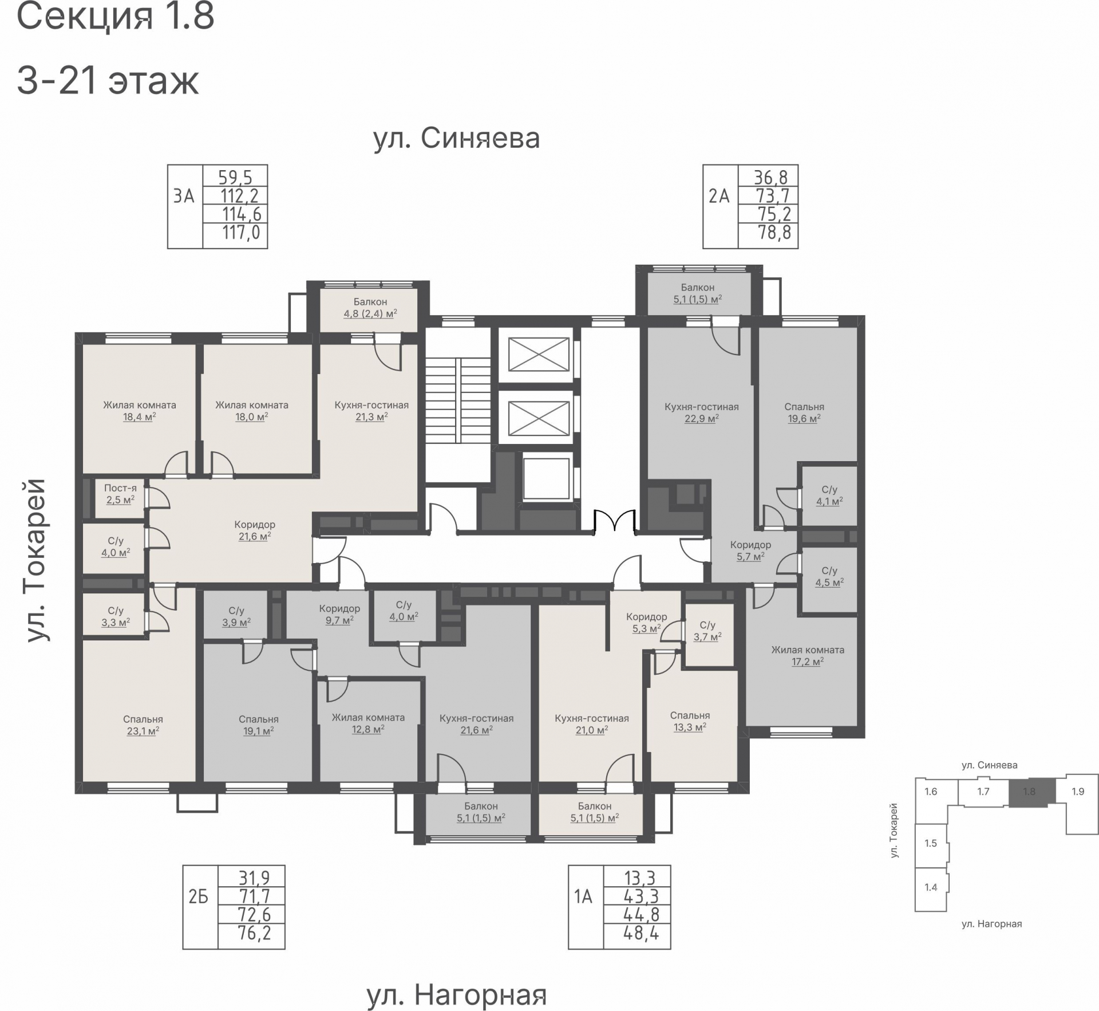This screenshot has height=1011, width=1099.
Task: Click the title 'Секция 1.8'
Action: pyautogui.click(x=116, y=16)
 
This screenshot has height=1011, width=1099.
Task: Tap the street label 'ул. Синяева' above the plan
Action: pyautogui.click(x=457, y=139)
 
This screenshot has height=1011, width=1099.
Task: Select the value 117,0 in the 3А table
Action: pyautogui.click(x=241, y=233)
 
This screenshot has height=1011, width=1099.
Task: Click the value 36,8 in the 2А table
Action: pyautogui.click(x=770, y=177)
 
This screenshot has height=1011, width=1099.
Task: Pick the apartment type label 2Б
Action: pyautogui.click(x=198, y=896)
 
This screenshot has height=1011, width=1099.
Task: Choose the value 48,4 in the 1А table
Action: pyautogui.click(x=641, y=934)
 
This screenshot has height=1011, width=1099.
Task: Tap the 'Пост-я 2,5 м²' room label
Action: pyautogui.click(x=120, y=494)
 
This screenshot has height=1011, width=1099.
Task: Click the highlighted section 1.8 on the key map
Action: pyautogui.click(x=1029, y=792)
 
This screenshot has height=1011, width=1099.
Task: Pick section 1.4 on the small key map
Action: pyautogui.click(x=931, y=887)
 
